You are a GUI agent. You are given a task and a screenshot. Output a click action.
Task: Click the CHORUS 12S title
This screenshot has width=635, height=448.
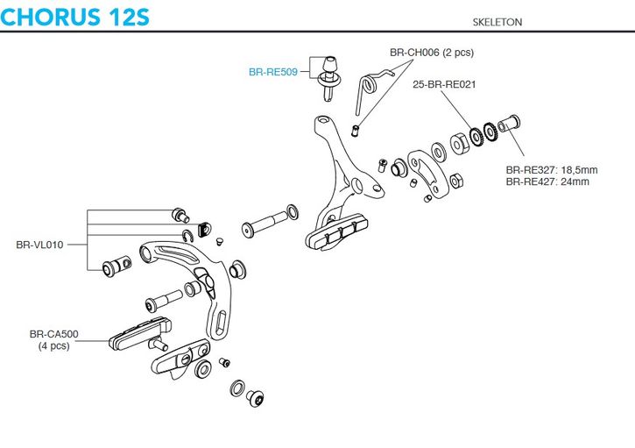pyautogui.click(x=75, y=16)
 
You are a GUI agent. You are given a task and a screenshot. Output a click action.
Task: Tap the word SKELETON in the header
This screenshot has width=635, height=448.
pyautogui.click(x=497, y=22)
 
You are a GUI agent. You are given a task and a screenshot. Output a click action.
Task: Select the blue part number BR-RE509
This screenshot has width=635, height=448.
pyautogui.click(x=273, y=72)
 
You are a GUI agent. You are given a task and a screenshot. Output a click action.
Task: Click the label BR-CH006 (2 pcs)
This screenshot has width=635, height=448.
pyautogui.click(x=432, y=53)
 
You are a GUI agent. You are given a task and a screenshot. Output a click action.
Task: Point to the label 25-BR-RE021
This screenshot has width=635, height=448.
pyautogui.click(x=444, y=84)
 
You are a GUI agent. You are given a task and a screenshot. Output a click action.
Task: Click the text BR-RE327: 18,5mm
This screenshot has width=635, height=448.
pyautogui.click(x=552, y=170)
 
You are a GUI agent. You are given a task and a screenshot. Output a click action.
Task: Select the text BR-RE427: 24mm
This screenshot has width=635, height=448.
pyautogui.click(x=547, y=181)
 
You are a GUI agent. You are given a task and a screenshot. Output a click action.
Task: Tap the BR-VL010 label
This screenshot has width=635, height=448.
pyautogui.click(x=39, y=245)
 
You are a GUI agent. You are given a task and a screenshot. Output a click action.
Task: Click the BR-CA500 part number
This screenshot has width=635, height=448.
pyautogui.click(x=53, y=334)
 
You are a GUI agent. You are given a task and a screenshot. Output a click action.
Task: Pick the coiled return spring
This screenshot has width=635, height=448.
pyautogui.click(x=370, y=85)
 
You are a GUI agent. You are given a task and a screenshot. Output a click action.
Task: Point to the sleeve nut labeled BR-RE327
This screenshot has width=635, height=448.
pyautogui.click(x=509, y=123)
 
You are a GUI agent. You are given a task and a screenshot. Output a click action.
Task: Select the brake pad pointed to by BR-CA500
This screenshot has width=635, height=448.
pyautogui.click(x=140, y=332)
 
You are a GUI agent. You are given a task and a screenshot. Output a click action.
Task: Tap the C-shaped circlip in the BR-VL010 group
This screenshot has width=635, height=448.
pyautogui.click(x=187, y=236)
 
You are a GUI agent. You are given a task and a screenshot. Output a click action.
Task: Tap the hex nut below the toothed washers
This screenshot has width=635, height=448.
pyautogui.click(x=456, y=180)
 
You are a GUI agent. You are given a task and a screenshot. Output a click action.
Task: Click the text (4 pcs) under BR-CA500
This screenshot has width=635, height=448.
pyautogui.click(x=53, y=345)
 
